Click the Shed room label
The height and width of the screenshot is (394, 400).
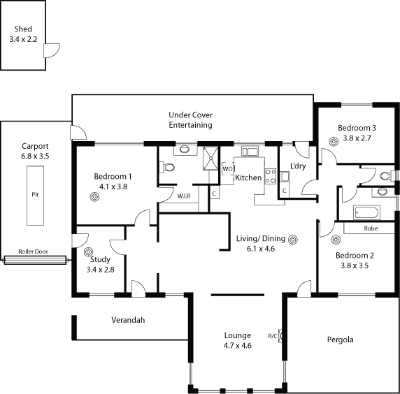(23, 29)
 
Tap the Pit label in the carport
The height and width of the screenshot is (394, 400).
(35, 195)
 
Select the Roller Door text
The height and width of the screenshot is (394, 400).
(33, 251)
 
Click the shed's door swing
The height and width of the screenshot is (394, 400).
(52, 50)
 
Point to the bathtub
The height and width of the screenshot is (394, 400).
(367, 212)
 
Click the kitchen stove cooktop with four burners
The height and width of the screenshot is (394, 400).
(271, 176)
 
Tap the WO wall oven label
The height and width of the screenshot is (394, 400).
(227, 169)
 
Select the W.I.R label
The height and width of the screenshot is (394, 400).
(184, 196)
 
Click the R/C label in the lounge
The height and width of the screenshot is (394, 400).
(273, 336)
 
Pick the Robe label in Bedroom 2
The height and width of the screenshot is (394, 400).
(371, 228)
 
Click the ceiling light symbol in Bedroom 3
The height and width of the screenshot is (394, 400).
(334, 142)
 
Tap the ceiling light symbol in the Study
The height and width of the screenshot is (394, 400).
(89, 251)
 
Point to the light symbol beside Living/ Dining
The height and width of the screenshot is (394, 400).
(293, 240)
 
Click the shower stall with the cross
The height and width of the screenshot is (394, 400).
(210, 159)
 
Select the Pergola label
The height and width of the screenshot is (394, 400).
(341, 340)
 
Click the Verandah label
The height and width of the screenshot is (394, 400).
(128, 320)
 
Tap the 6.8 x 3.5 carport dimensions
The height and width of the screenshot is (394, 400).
(35, 156)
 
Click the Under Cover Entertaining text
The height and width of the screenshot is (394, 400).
(191, 119)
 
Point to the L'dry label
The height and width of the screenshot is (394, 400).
(298, 166)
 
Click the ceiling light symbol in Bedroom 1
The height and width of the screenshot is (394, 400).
(94, 197)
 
